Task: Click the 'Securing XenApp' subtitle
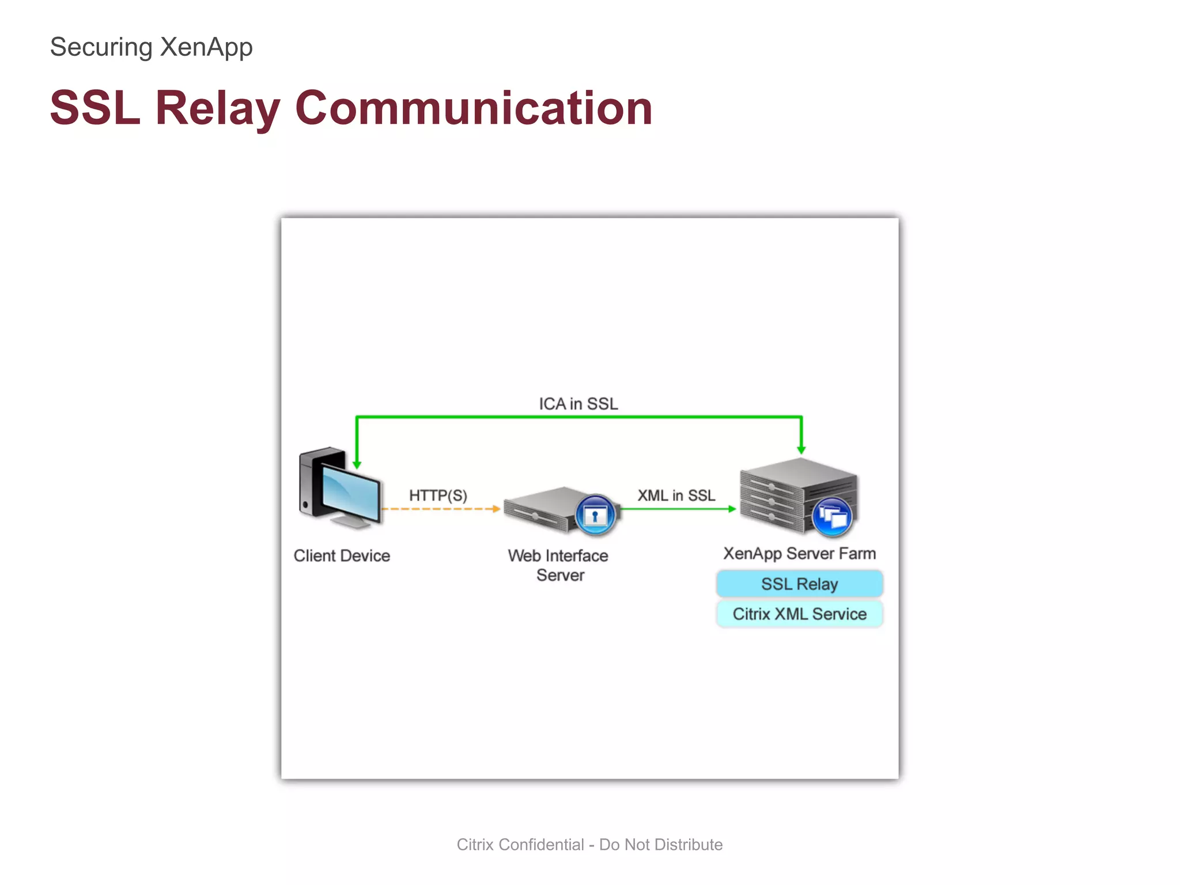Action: point(151,47)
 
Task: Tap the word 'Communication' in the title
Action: point(474,108)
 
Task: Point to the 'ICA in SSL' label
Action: point(578,404)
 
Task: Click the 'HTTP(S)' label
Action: point(438,496)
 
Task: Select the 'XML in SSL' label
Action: point(676,496)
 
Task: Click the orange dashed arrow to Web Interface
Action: point(441,509)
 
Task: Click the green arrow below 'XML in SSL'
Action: point(677,509)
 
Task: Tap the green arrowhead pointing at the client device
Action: point(357,464)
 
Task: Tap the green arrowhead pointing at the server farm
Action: point(801,449)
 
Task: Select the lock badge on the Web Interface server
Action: point(595,515)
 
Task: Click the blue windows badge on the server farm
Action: point(832,516)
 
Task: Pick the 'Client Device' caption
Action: point(342,556)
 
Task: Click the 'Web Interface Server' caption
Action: point(558,565)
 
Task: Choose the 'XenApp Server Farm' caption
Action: point(799,554)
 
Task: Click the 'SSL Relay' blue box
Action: point(799,584)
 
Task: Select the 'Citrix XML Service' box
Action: point(799,614)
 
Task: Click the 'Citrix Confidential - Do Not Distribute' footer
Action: point(589,845)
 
